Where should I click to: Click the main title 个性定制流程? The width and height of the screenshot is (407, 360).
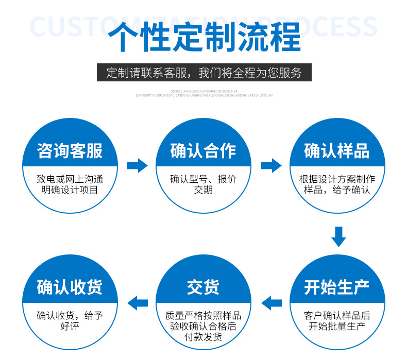[203, 37]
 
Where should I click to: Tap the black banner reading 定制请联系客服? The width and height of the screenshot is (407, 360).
[203, 73]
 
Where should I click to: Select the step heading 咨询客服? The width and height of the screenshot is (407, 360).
[70, 151]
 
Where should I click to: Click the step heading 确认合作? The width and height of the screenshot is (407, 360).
[203, 151]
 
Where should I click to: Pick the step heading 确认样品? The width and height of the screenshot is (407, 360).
[337, 151]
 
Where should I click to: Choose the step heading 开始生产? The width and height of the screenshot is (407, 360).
[337, 287]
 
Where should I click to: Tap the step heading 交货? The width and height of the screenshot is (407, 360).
[203, 287]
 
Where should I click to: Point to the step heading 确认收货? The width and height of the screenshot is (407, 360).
[70, 287]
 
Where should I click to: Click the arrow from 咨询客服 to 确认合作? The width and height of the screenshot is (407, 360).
[137, 166]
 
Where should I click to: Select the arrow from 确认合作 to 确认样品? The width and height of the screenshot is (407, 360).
[271, 166]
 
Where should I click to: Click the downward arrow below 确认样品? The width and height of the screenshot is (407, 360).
[338, 236]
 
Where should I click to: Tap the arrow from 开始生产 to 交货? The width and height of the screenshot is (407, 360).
[271, 303]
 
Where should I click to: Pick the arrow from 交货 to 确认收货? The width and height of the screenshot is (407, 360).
[137, 303]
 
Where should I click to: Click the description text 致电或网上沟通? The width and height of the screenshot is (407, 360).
[70, 179]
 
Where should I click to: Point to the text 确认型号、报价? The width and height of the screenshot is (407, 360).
[203, 179]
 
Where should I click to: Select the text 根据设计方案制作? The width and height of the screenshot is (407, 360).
[337, 179]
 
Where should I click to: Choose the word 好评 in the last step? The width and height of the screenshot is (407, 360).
[70, 327]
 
